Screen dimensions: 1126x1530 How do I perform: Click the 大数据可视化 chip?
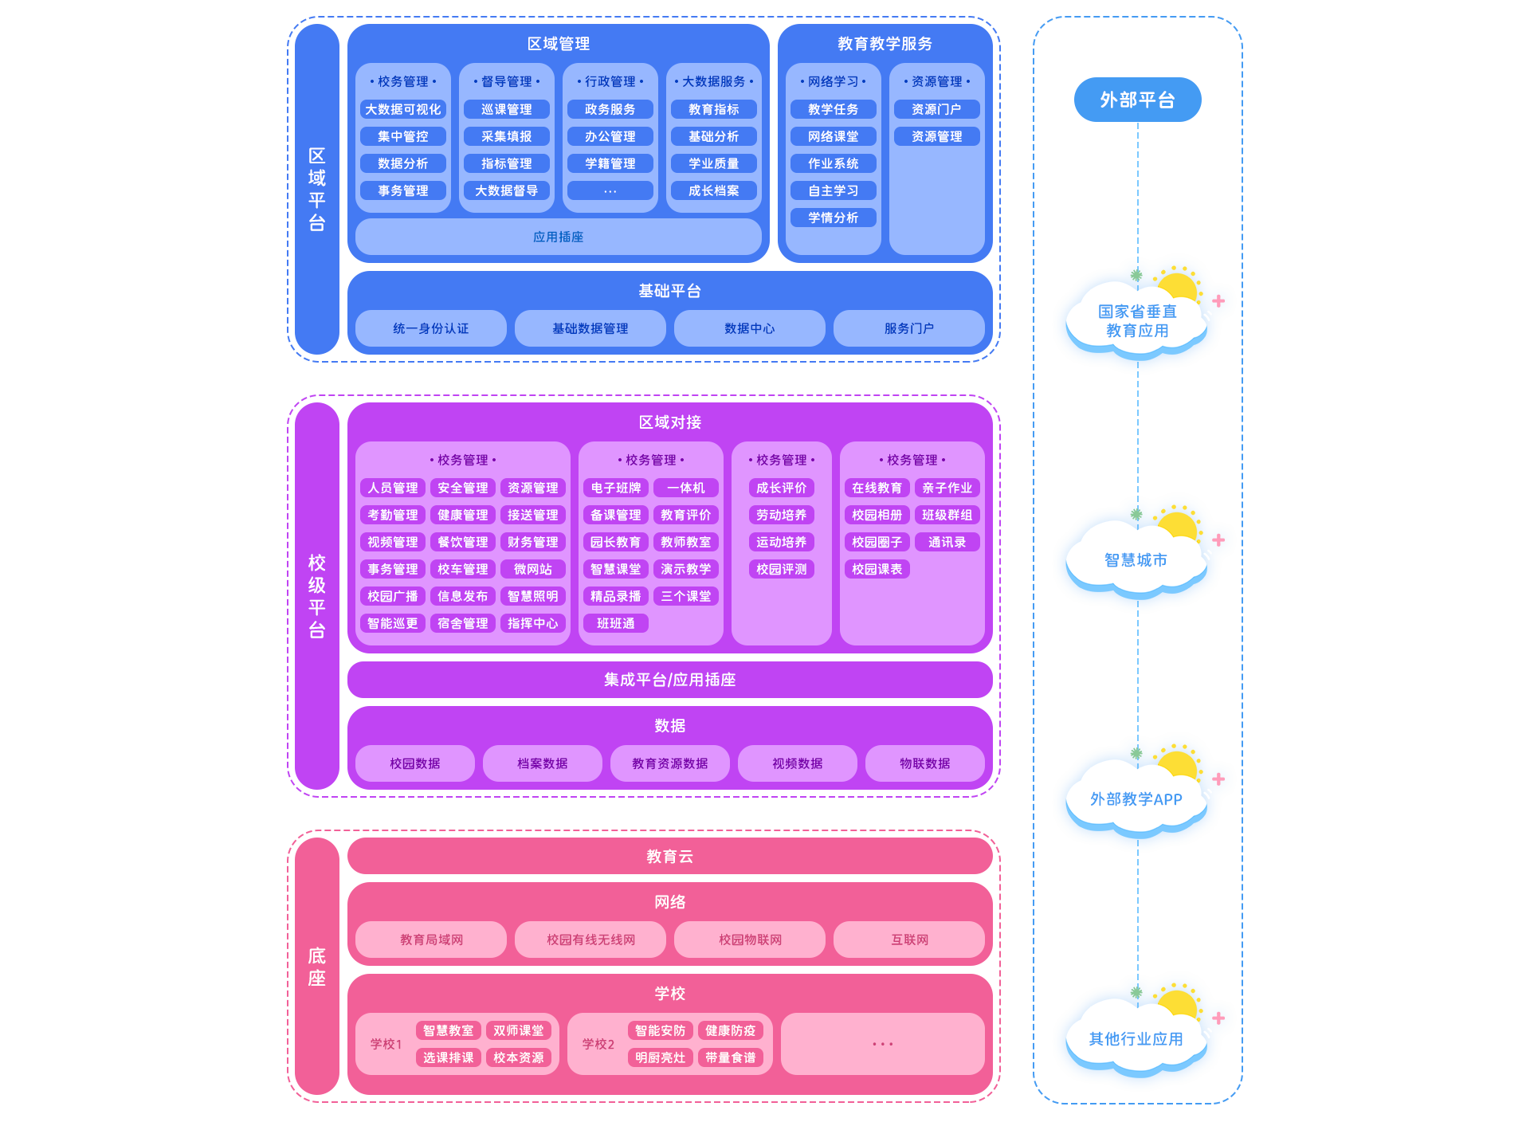coord(403,109)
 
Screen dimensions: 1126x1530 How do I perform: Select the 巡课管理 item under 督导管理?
coord(507,109)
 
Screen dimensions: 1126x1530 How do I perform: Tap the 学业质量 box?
coord(714,163)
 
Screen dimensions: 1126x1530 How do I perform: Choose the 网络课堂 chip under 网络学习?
coord(834,136)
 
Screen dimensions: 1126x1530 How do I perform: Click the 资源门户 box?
coord(937,109)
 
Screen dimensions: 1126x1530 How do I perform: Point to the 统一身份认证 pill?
coord(431,328)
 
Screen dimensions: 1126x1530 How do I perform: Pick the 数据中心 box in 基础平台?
coord(750,328)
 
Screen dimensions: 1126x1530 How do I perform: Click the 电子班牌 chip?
coord(616,488)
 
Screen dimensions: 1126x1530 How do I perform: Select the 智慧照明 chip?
coord(533,596)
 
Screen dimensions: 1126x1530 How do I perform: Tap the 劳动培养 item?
coord(782,515)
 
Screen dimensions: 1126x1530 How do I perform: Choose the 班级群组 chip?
coord(947,515)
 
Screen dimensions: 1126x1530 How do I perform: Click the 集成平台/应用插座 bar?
coord(670,680)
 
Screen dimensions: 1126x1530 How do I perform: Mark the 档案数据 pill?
coord(543,763)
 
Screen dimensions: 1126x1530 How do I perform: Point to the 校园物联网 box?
coord(750,940)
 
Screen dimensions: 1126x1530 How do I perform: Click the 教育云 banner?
coord(670,857)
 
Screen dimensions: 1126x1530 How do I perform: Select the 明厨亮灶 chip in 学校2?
coord(661,1057)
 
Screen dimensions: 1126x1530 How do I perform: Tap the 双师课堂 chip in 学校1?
coord(519,1030)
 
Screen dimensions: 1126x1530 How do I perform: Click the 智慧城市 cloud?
coord(1136,560)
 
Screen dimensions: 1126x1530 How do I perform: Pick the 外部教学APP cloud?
coord(1136,799)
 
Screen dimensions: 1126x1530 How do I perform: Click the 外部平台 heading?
coord(1137,100)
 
